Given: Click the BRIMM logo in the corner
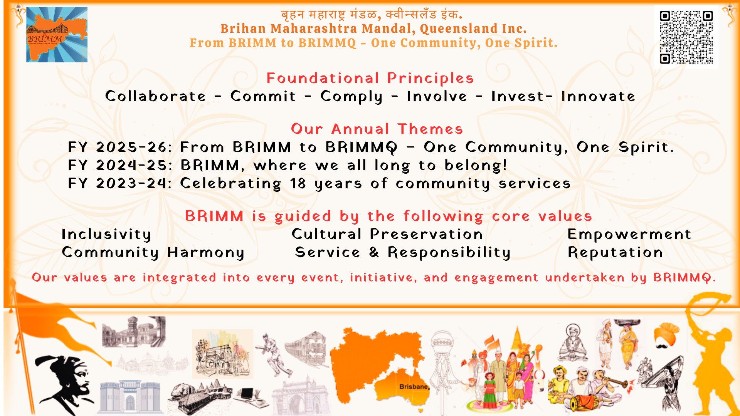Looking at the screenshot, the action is coord(57,35).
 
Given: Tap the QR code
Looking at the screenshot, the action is coord(686,37).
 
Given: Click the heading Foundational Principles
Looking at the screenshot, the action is coord(370,78).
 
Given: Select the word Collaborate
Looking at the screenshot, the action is coord(156,96).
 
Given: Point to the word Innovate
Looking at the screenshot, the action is coord(598,96).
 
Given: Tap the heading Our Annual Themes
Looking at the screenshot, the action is coord(377,129).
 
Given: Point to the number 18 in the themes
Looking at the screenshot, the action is coord(298,184).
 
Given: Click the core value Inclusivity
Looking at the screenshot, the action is coord(106,235).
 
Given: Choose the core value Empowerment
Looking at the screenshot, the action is coord(629,235).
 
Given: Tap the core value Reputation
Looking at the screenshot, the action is coord(616,253).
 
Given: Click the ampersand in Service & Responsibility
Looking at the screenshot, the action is coord(374,252).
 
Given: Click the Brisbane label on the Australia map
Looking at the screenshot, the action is coord(414,387).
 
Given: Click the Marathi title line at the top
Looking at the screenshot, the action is coord(372,15).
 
